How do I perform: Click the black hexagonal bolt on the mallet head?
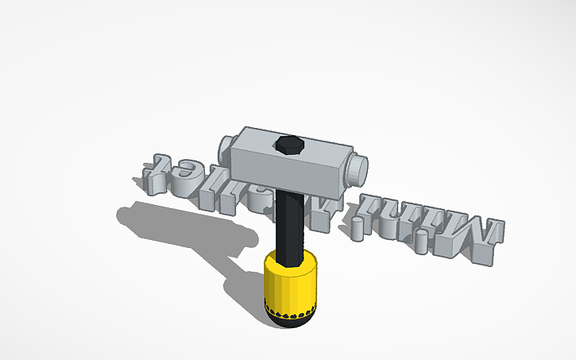coord(288,145)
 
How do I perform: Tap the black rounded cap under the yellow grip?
coord(292,320)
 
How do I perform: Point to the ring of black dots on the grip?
coord(291,309)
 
